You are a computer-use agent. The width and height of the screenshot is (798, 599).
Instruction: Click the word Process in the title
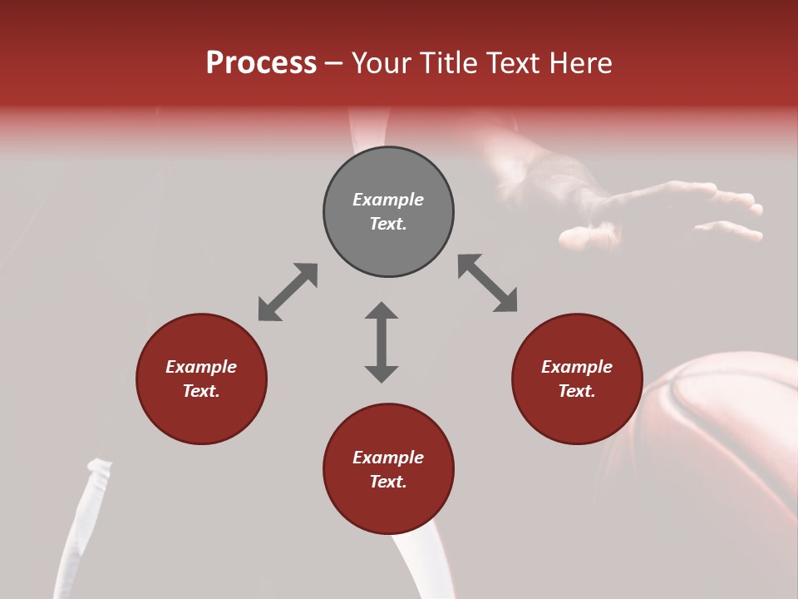pos(261,63)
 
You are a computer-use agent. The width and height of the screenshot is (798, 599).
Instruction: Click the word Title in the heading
pos(449,63)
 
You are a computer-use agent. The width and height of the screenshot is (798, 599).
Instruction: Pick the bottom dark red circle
pos(388,507)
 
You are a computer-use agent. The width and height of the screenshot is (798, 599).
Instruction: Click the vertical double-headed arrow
pos(382,342)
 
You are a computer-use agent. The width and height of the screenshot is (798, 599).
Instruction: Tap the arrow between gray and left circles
pos(288,292)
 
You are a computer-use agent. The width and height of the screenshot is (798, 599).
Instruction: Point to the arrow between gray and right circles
pos(487,283)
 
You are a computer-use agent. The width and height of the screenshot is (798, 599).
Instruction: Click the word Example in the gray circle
pos(388,200)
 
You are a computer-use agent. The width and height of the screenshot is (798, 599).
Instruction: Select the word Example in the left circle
pos(201,367)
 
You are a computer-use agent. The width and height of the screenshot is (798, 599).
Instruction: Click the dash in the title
pos(334,64)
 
